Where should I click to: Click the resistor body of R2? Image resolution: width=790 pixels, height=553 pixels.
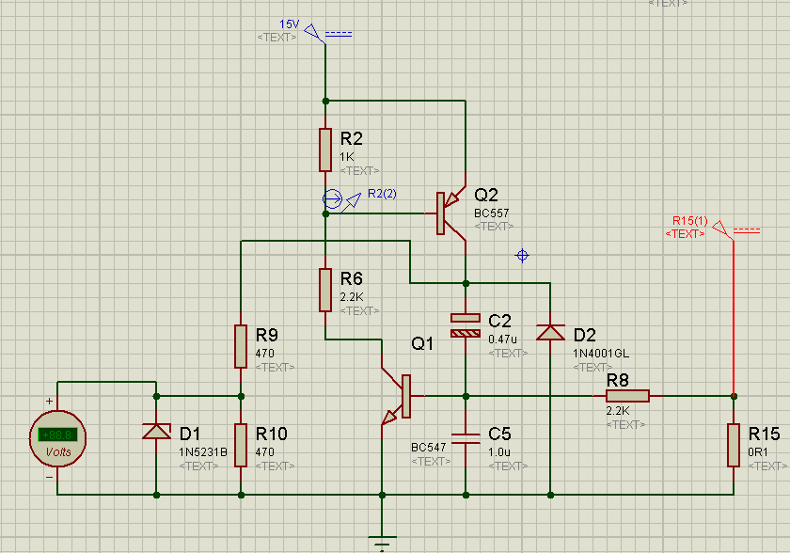pyautogui.click(x=325, y=149)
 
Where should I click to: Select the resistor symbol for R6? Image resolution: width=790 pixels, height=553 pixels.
pyautogui.click(x=325, y=290)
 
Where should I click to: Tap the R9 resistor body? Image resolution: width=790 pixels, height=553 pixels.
pyautogui.click(x=241, y=346)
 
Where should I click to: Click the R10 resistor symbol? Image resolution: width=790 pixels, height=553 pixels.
pyautogui.click(x=241, y=444)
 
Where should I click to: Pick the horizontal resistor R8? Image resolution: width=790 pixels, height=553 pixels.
pyautogui.click(x=627, y=396)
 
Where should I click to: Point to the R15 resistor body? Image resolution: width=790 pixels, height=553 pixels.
pyautogui.click(x=734, y=445)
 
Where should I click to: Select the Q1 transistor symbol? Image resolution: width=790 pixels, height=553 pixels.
pyautogui.click(x=399, y=396)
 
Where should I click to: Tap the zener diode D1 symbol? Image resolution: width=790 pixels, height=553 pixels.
pyautogui.click(x=156, y=432)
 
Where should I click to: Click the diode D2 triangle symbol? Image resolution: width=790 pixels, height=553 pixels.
pyautogui.click(x=549, y=332)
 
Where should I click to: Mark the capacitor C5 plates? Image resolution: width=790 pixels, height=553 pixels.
pyautogui.click(x=466, y=437)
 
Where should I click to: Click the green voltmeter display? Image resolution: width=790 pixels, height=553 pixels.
pyautogui.click(x=57, y=434)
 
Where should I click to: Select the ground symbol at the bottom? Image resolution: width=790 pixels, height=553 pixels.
pyautogui.click(x=382, y=543)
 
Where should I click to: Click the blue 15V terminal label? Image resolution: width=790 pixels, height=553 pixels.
pyautogui.click(x=289, y=24)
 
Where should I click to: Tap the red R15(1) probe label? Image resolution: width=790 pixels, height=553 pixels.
pyautogui.click(x=690, y=220)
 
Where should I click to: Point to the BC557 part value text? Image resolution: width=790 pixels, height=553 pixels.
pyautogui.click(x=492, y=213)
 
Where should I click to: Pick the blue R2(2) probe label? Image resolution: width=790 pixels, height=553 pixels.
pyautogui.click(x=382, y=194)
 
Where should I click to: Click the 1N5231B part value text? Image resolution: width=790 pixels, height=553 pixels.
pyautogui.click(x=203, y=451)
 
